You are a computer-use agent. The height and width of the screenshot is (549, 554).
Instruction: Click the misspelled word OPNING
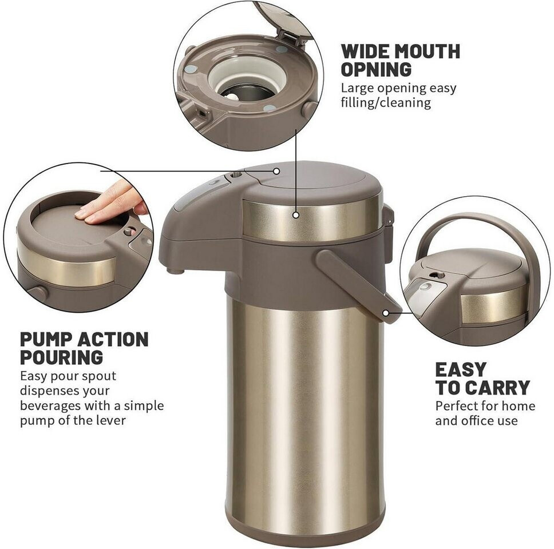click(376, 69)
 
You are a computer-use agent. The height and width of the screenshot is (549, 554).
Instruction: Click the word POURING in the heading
click(61, 357)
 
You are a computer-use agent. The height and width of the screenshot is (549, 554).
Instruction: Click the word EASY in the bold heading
click(461, 370)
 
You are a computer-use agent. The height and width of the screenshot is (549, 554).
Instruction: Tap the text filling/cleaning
click(386, 103)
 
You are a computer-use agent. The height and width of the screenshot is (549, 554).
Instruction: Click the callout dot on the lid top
click(276, 171)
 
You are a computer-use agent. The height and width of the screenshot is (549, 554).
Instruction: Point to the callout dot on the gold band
click(296, 214)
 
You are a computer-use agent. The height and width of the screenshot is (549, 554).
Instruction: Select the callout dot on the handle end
click(386, 313)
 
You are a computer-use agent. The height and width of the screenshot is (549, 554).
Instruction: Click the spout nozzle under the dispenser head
click(176, 271)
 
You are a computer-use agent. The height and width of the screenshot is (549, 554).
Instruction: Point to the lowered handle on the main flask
click(357, 284)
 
